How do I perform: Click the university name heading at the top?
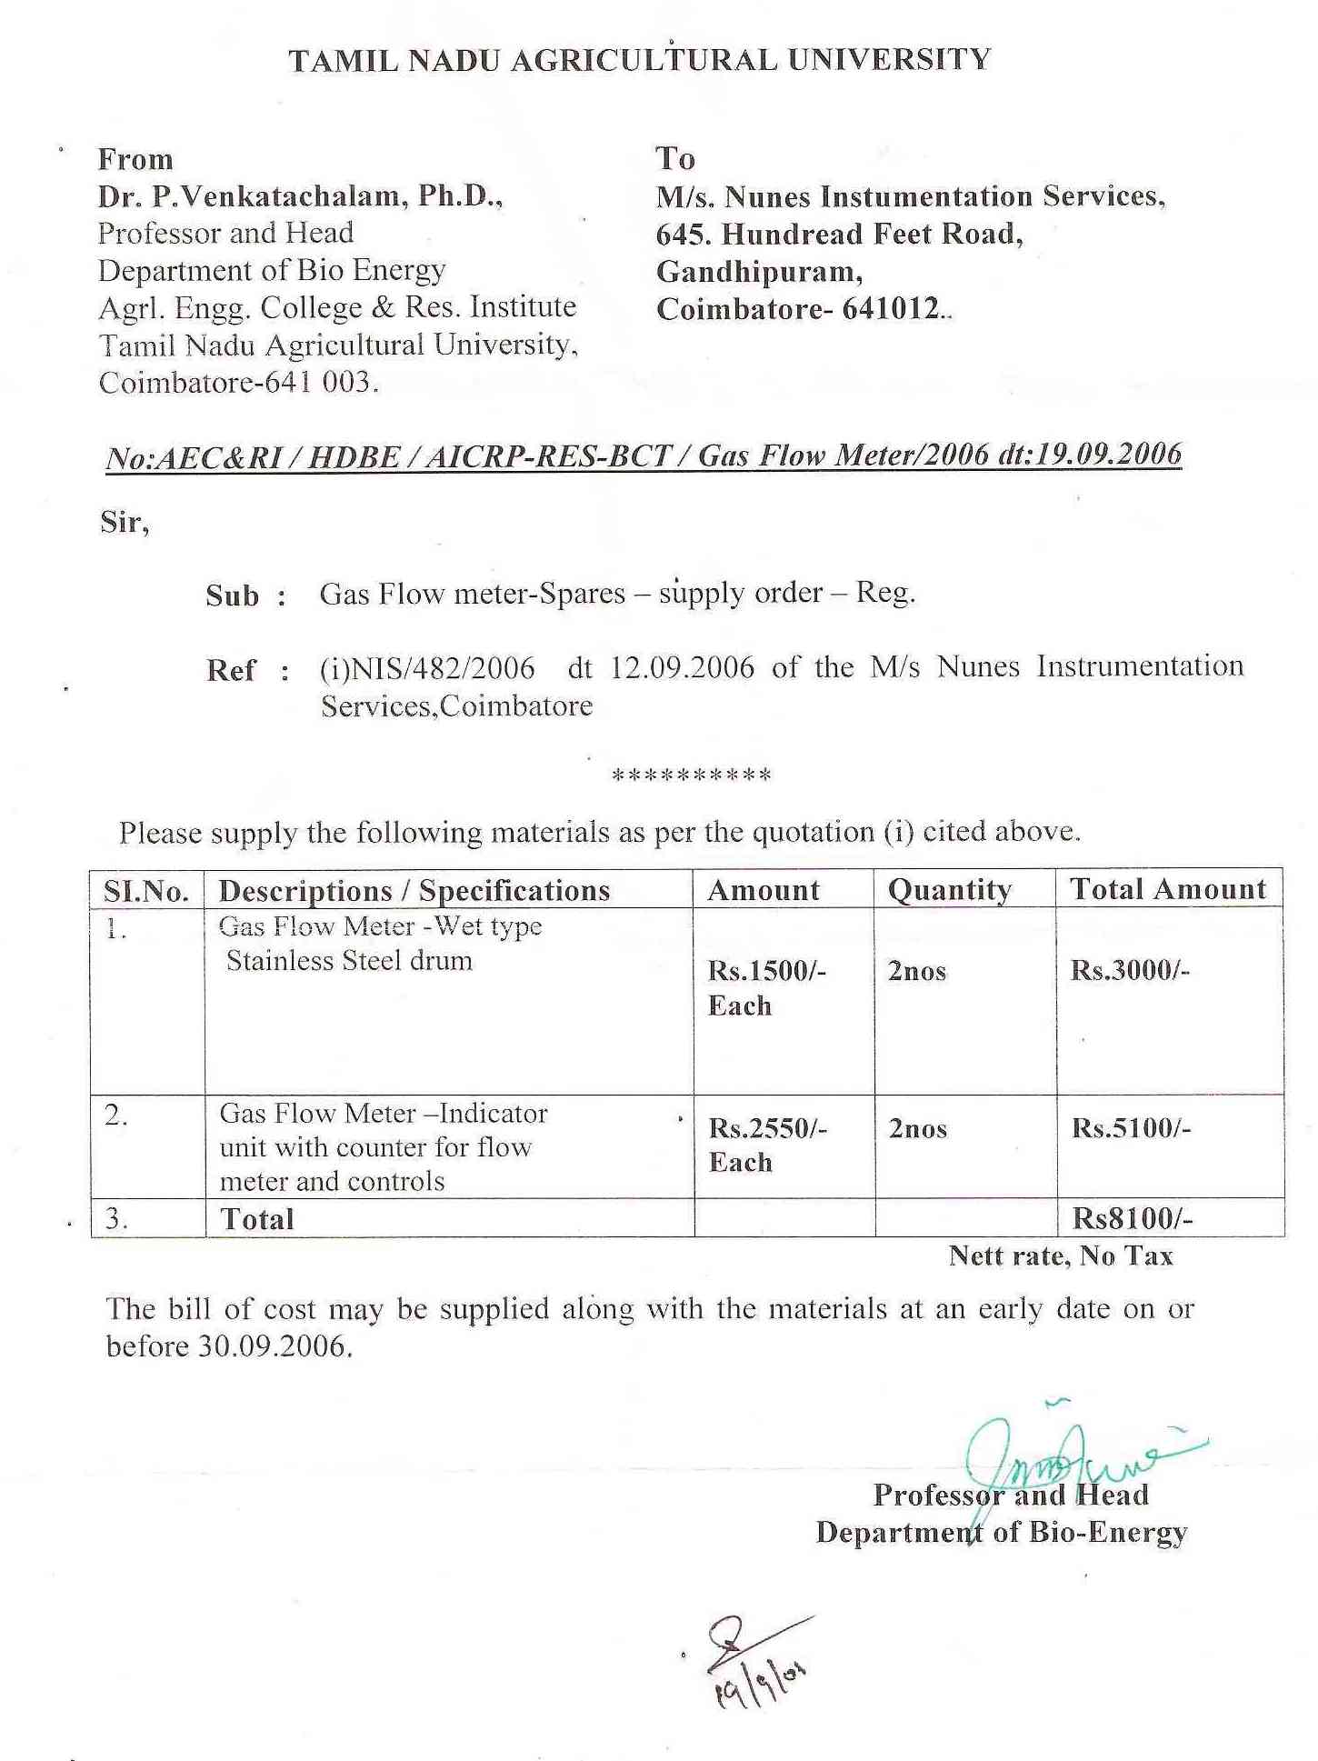[639, 60]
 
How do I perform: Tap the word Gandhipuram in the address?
[759, 272]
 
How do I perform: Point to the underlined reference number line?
[644, 455]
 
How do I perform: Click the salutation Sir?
[124, 522]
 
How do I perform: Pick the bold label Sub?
[233, 596]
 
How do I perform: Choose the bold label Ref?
[231, 671]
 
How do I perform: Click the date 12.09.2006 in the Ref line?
[682, 668]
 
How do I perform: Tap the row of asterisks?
[692, 775]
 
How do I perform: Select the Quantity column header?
[949, 890]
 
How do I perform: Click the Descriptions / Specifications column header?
[414, 891]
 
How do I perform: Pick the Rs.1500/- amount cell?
[766, 971]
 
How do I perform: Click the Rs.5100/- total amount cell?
[1131, 1128]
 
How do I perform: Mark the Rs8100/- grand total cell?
[1133, 1218]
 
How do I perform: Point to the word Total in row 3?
[257, 1219]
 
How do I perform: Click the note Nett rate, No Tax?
[1061, 1256]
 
